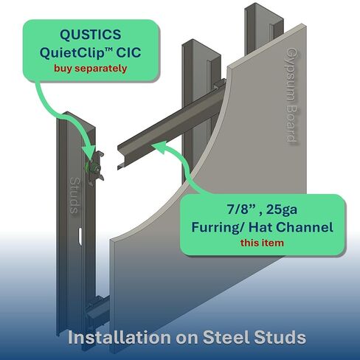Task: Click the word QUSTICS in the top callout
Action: click(91, 35)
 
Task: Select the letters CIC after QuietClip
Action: click(128, 52)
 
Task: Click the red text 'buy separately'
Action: click(91, 69)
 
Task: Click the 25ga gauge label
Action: click(282, 210)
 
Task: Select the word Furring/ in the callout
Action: click(218, 227)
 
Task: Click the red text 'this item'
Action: click(262, 243)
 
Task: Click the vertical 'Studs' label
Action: click(74, 195)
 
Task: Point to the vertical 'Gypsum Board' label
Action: click(292, 94)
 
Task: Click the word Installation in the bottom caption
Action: click(119, 337)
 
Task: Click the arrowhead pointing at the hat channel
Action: click(158, 148)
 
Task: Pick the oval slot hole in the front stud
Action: click(80, 236)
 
